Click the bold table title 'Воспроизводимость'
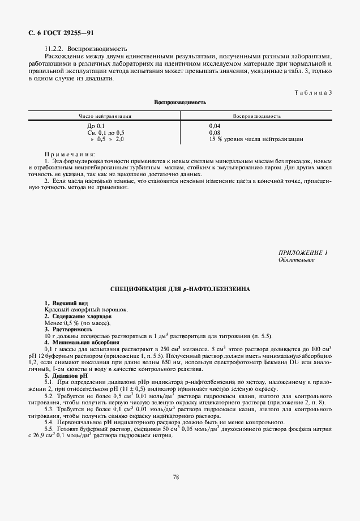pos(180,103)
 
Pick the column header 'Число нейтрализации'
pos(106,116)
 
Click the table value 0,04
pos(215,125)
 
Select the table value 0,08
pos(215,132)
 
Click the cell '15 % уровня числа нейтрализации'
pos(256,139)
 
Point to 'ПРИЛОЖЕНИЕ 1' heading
pos(303,252)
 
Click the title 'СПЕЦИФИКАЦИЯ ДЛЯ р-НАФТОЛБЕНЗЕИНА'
pos(180,289)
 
